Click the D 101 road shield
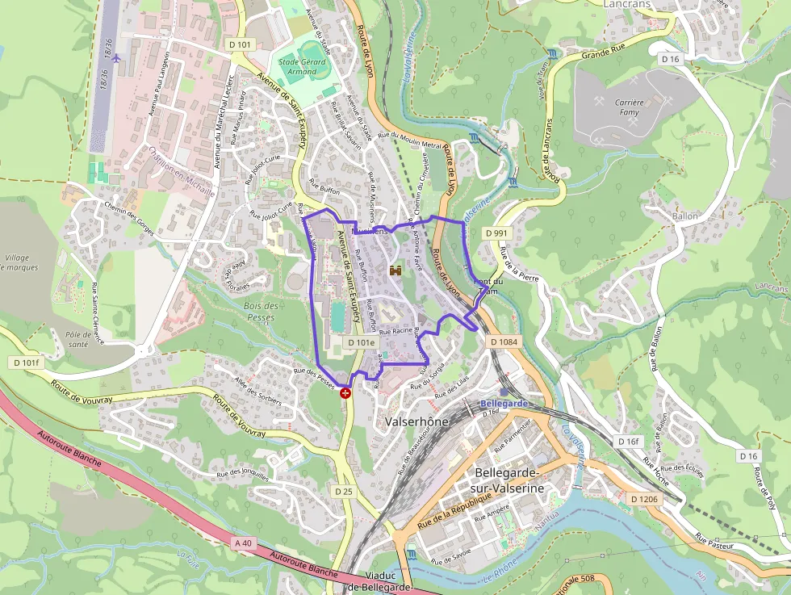point(241,44)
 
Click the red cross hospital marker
point(346,393)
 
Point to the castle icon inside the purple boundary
point(395,270)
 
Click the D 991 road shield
point(497,233)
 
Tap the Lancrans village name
point(627,4)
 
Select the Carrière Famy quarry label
point(629,107)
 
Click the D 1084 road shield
point(504,342)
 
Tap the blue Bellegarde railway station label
point(504,403)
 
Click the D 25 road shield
point(344,491)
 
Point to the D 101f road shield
point(26,362)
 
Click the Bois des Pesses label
point(261,312)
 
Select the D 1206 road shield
point(643,500)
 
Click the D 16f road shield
point(628,442)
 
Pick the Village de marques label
point(22,262)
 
